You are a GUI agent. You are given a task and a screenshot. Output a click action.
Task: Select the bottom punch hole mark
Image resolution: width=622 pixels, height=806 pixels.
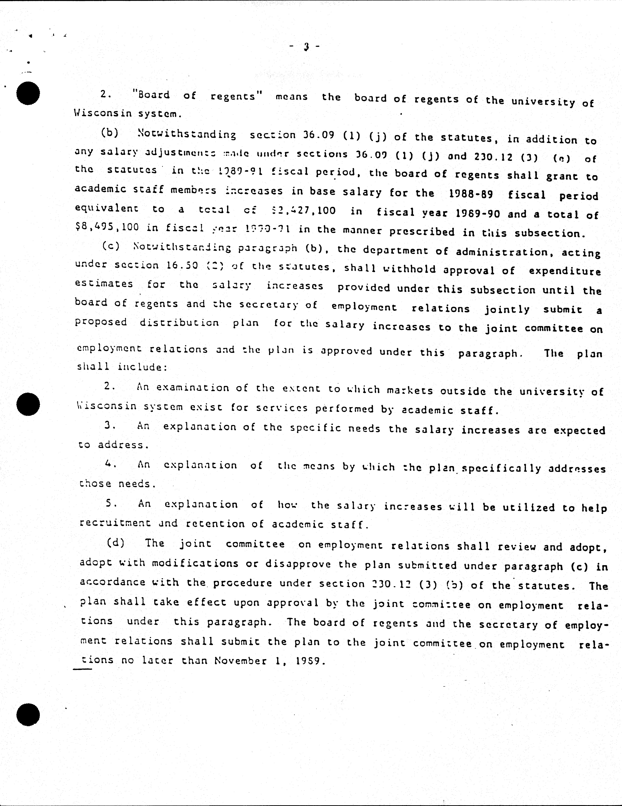28,714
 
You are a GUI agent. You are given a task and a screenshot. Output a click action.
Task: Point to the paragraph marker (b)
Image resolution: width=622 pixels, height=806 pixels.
110,133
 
